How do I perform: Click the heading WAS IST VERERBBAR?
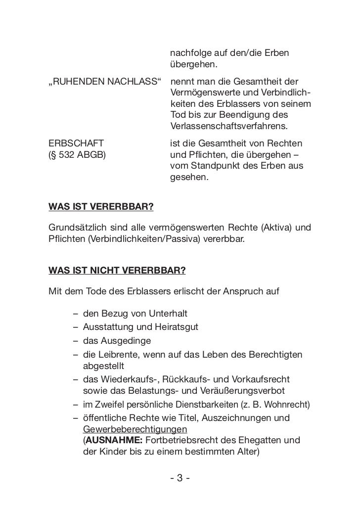coord(101,205)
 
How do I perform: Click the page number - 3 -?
coord(180,478)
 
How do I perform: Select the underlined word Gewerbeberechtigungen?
coord(135,429)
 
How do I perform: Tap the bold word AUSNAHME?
coord(109,440)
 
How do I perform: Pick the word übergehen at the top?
coord(193,65)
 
